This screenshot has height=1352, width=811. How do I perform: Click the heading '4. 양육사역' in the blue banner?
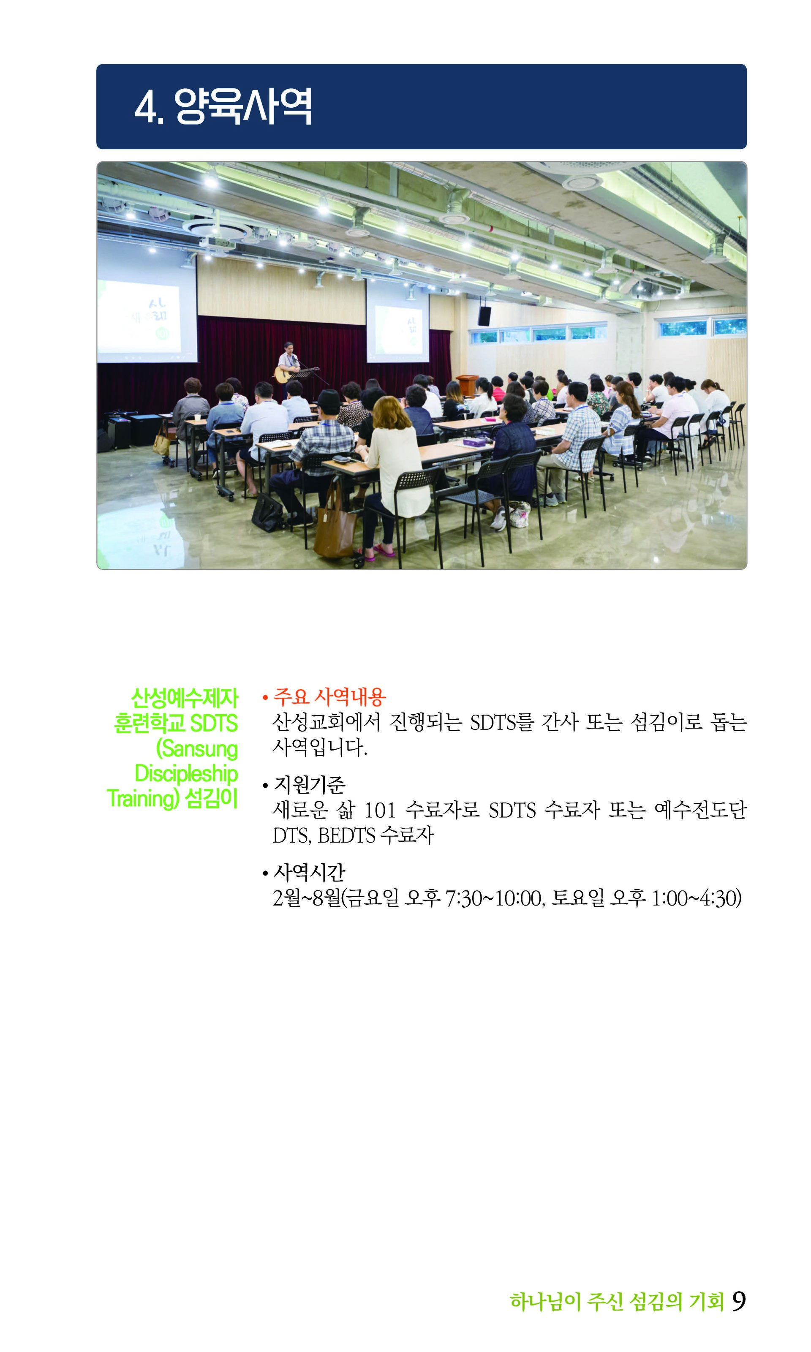coord(223,106)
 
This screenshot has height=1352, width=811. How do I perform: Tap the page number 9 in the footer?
coord(739,1301)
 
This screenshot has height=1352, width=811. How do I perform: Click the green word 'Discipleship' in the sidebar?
coord(186,773)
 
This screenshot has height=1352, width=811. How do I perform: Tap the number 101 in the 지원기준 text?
coord(380,810)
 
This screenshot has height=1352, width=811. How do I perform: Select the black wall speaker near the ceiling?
coord(484,316)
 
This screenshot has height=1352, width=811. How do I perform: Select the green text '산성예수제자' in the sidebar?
coord(184,698)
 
